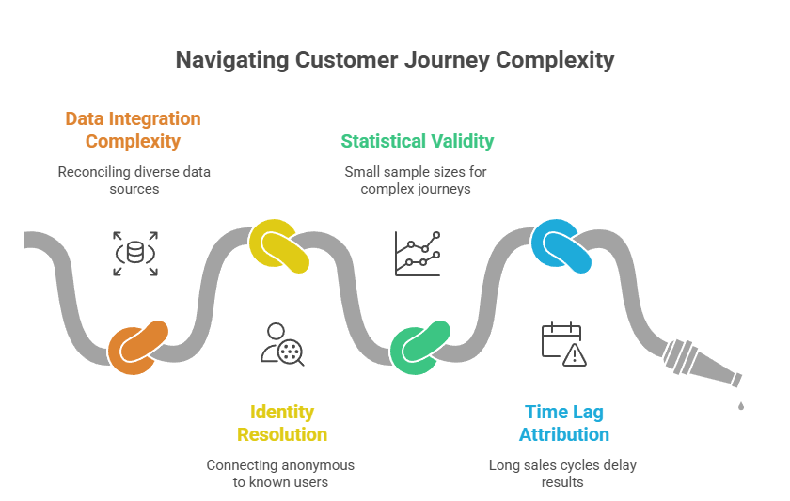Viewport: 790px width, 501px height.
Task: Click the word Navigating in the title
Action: (x=231, y=60)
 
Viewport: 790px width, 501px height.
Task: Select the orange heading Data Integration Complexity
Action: (x=133, y=131)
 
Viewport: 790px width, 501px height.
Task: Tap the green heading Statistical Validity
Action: (x=417, y=141)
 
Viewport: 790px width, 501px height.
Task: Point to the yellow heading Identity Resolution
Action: (x=282, y=423)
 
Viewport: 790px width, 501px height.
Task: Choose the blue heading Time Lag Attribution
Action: (x=564, y=423)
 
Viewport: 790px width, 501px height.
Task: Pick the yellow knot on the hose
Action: (x=280, y=245)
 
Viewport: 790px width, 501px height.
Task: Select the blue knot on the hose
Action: (x=561, y=245)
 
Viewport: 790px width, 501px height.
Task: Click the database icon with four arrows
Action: (x=135, y=254)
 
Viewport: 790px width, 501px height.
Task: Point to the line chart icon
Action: (x=418, y=254)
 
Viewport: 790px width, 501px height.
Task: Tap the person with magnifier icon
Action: (x=282, y=344)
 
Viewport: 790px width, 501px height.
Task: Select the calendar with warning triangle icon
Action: (x=563, y=344)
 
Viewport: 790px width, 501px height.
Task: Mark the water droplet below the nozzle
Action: (x=741, y=405)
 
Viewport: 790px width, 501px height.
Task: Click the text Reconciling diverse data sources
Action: (x=134, y=180)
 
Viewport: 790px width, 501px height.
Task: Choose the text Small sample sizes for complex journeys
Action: (x=416, y=180)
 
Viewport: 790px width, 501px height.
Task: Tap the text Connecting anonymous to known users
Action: (x=280, y=474)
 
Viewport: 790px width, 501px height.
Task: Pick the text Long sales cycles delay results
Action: (x=562, y=474)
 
